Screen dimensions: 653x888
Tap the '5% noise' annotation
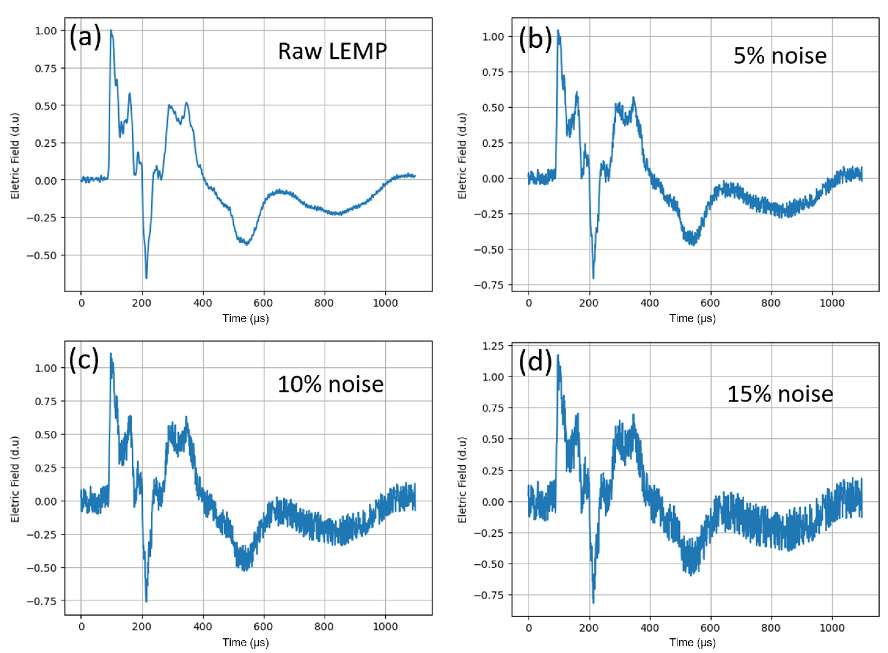[x=780, y=56]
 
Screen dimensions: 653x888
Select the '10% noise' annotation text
[x=330, y=384]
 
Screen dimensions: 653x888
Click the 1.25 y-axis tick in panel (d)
[x=493, y=346]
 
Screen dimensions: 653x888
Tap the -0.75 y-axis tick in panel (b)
[x=489, y=285]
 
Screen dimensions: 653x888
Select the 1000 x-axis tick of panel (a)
[x=385, y=303]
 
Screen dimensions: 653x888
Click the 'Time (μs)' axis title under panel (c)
[x=245, y=642]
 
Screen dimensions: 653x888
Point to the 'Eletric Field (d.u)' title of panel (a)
[x=15, y=156]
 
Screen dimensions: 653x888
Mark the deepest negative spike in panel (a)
[x=146, y=278]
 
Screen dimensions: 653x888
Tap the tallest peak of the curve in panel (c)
[x=111, y=354]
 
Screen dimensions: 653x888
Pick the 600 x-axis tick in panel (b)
[x=710, y=303]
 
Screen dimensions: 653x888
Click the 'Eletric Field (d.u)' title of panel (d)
[x=462, y=479]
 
